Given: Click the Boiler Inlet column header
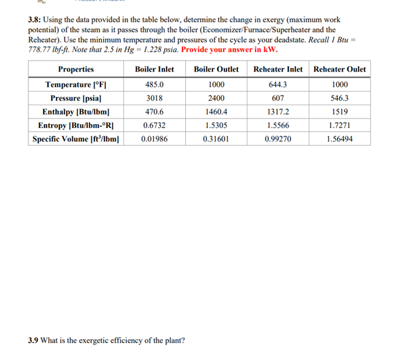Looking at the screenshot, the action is point(154,69).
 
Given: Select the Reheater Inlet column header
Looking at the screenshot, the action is point(278,69).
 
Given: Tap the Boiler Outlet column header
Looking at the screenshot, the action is point(216,69).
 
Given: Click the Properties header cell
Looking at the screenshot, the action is point(75,69).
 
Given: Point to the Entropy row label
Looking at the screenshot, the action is point(75,125).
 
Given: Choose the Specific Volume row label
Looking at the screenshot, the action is point(75,139).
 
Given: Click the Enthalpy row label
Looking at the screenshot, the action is point(75,112).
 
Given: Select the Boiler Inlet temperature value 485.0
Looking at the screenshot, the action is point(154,85).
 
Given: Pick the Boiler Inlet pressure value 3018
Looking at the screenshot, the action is point(154,98).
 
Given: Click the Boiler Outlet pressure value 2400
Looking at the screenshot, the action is point(216,98).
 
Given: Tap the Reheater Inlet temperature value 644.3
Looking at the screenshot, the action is point(278,85).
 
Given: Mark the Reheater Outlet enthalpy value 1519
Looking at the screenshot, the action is point(340,112).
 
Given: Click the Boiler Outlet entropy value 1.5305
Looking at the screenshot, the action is point(216,125).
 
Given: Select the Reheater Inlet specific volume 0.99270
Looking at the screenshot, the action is point(278,139).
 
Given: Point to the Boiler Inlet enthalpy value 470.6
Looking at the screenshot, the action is point(154,112).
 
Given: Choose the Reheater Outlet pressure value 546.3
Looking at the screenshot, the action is point(340,98).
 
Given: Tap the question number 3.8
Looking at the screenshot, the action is point(36,20).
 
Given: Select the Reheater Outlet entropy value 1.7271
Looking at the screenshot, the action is point(340,125).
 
